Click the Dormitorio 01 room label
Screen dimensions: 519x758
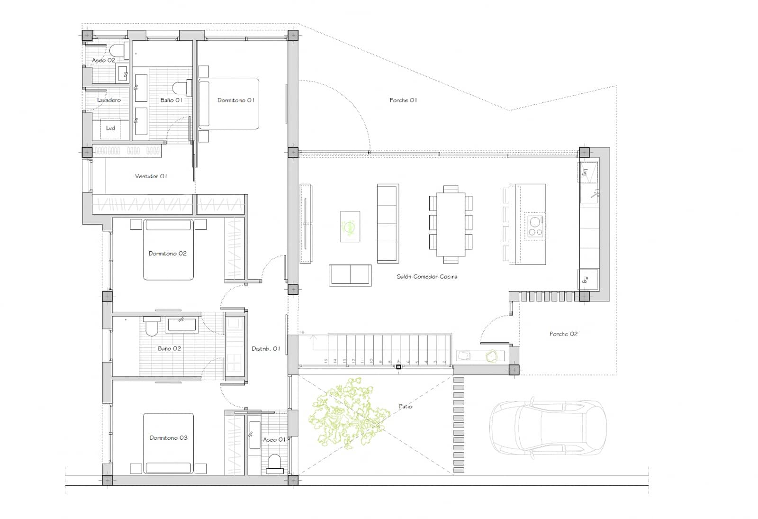[235, 100]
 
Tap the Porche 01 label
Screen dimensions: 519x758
[403, 100]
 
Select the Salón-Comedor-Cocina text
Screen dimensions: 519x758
[427, 276]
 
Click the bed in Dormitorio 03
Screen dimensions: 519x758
[168, 443]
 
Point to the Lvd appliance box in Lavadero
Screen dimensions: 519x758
[110, 128]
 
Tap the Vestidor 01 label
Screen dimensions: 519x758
[151, 176]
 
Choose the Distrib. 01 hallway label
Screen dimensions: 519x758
[266, 348]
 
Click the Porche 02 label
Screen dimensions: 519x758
[563, 334]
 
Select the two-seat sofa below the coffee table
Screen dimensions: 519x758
[350, 275]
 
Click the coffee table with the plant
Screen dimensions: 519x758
[350, 227]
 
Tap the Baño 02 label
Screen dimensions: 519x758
[169, 348]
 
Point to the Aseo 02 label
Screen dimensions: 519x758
[103, 60]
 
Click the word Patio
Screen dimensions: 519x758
[406, 406]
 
